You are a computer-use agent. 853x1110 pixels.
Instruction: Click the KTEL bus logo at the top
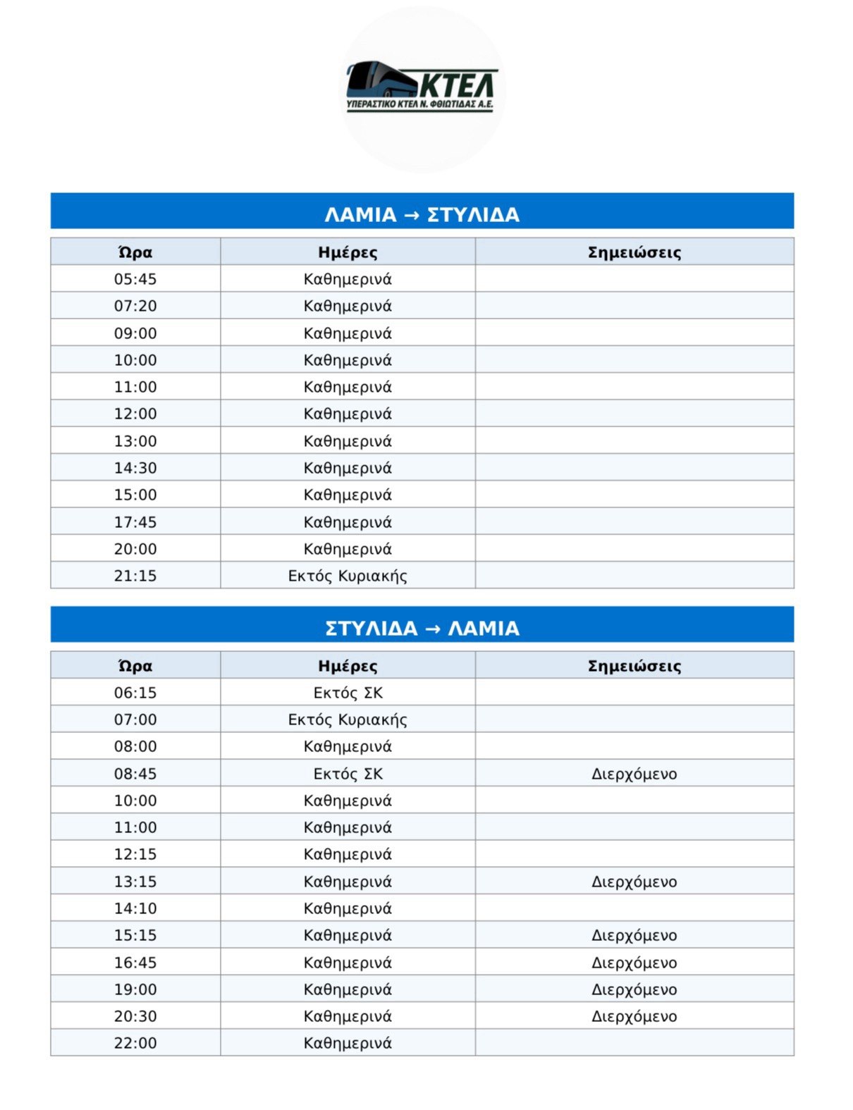[x=422, y=87]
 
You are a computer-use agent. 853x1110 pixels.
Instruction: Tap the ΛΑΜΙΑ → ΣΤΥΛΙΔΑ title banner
[x=422, y=214]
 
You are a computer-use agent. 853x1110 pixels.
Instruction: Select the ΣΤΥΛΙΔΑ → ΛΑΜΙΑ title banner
[x=422, y=627]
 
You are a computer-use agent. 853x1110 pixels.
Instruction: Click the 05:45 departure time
[x=135, y=279]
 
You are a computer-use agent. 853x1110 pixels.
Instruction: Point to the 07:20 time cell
[x=135, y=306]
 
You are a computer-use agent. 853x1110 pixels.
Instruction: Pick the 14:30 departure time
[x=135, y=468]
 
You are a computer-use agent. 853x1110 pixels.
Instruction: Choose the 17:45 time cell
[x=135, y=522]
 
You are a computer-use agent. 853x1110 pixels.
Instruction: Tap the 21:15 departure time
[x=135, y=576]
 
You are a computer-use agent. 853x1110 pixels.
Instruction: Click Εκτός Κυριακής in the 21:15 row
[x=348, y=576]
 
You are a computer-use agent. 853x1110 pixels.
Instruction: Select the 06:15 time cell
[x=135, y=693]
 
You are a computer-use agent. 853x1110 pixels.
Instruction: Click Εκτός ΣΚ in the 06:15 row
[x=348, y=693]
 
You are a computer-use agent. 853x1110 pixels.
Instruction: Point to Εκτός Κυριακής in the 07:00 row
[x=348, y=720]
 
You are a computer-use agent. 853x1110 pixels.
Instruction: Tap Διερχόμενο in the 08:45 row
[x=634, y=774]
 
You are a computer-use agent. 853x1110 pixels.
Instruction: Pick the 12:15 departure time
[x=135, y=854]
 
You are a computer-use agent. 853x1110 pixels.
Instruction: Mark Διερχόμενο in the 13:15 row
[x=634, y=882]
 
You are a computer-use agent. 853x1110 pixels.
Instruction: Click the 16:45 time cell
[x=135, y=963]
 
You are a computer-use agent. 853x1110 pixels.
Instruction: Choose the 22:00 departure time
[x=135, y=1043]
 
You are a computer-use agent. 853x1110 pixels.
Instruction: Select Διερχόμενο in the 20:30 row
[x=634, y=1016]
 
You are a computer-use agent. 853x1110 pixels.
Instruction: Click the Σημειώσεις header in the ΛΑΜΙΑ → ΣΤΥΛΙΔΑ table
[x=634, y=252]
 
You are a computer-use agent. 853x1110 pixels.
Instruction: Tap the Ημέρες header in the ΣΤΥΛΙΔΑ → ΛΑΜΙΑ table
[x=348, y=666]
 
